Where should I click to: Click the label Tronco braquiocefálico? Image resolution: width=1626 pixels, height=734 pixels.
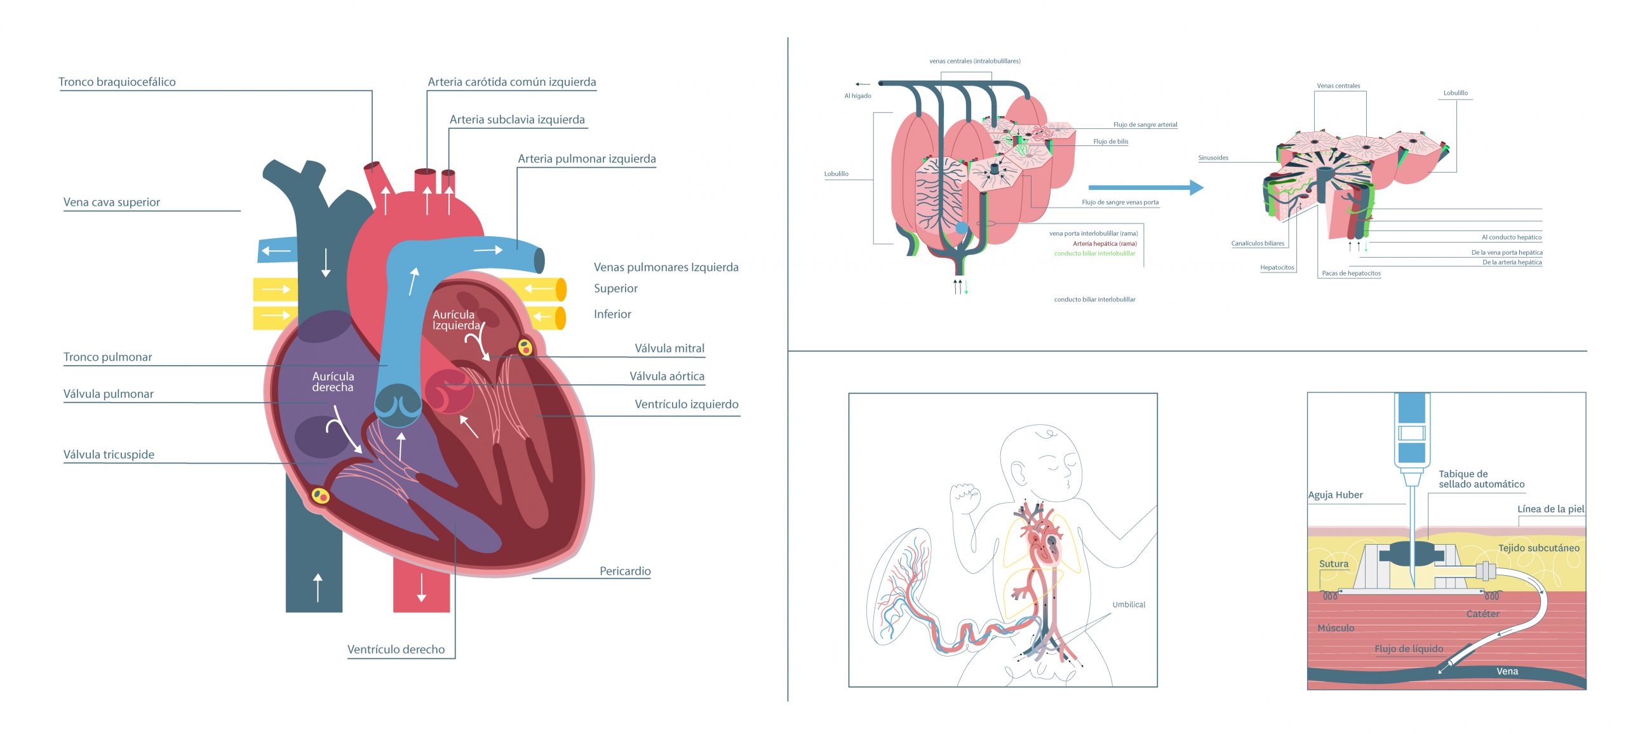(x=117, y=82)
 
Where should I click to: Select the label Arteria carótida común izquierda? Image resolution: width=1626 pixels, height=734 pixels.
(x=511, y=82)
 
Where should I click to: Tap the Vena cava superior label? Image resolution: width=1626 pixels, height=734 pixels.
(x=112, y=202)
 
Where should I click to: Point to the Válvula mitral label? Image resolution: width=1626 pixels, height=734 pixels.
(x=669, y=348)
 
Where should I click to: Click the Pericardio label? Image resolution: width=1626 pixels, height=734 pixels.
(x=625, y=571)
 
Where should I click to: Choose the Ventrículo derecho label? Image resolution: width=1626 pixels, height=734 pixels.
(x=396, y=649)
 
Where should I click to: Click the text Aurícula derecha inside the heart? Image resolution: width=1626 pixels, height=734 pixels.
(x=333, y=382)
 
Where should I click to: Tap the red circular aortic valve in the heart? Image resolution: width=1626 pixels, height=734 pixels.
(x=448, y=392)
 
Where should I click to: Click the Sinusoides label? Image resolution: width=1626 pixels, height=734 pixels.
(x=1213, y=157)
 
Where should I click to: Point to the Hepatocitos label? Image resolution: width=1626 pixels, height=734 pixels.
(x=1277, y=267)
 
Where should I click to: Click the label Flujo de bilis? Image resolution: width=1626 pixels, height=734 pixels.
(x=1110, y=142)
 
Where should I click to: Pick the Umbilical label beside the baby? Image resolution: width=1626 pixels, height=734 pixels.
(x=1129, y=604)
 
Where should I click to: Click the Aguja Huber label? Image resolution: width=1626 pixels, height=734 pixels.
(x=1335, y=495)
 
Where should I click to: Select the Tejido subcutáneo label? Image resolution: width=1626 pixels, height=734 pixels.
(x=1538, y=548)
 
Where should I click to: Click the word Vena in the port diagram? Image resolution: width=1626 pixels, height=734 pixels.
(x=1507, y=671)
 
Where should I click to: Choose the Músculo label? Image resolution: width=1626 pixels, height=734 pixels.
(x=1335, y=628)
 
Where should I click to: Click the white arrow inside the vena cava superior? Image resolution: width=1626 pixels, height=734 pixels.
(x=326, y=262)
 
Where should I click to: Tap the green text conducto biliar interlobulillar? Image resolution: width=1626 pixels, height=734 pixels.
(x=1094, y=253)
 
